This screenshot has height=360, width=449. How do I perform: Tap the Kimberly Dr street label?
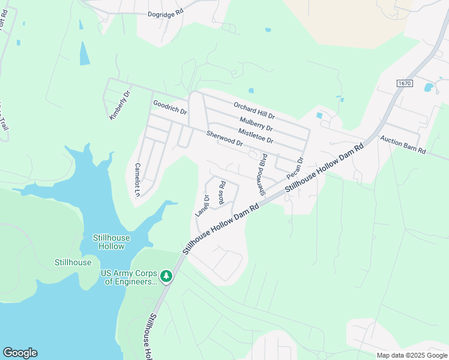pyautogui.click(x=119, y=106)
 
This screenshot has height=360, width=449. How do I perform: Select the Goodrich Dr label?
pyautogui.click(x=170, y=108)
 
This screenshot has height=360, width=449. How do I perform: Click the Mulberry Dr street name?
pyautogui.click(x=256, y=124)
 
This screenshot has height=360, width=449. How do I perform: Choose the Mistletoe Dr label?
pyautogui.click(x=256, y=136)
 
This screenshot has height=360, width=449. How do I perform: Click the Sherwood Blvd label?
pyautogui.click(x=262, y=174)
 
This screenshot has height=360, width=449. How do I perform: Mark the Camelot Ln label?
pyautogui.click(x=137, y=179)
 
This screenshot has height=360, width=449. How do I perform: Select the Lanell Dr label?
pyautogui.click(x=202, y=205)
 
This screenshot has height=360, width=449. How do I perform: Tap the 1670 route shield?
pyautogui.click(x=404, y=83)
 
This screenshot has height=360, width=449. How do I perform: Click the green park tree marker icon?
pyautogui.click(x=166, y=277)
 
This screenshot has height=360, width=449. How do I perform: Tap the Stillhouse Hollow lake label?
pyautogui.click(x=109, y=242)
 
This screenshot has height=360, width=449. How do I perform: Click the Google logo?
pyautogui.click(x=20, y=353)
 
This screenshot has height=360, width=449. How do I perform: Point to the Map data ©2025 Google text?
pyautogui.click(x=412, y=355)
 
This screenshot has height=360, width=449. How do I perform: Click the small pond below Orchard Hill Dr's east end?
pyautogui.click(x=319, y=115)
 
